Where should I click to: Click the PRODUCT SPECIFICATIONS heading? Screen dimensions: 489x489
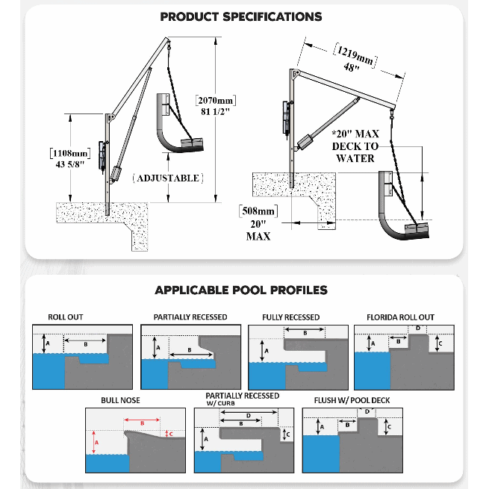point(242,16)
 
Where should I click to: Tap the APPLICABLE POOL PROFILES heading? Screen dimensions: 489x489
point(240,290)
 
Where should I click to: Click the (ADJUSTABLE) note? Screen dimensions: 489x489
point(167,178)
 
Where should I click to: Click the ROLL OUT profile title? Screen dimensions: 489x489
point(66,317)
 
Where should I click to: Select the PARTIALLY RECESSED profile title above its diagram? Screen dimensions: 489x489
point(190,317)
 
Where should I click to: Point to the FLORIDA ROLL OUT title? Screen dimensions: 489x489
point(400,317)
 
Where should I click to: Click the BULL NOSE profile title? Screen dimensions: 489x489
point(121,400)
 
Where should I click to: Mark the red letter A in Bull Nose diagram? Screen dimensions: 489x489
point(96,442)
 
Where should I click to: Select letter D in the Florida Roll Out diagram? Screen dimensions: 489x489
point(418,328)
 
